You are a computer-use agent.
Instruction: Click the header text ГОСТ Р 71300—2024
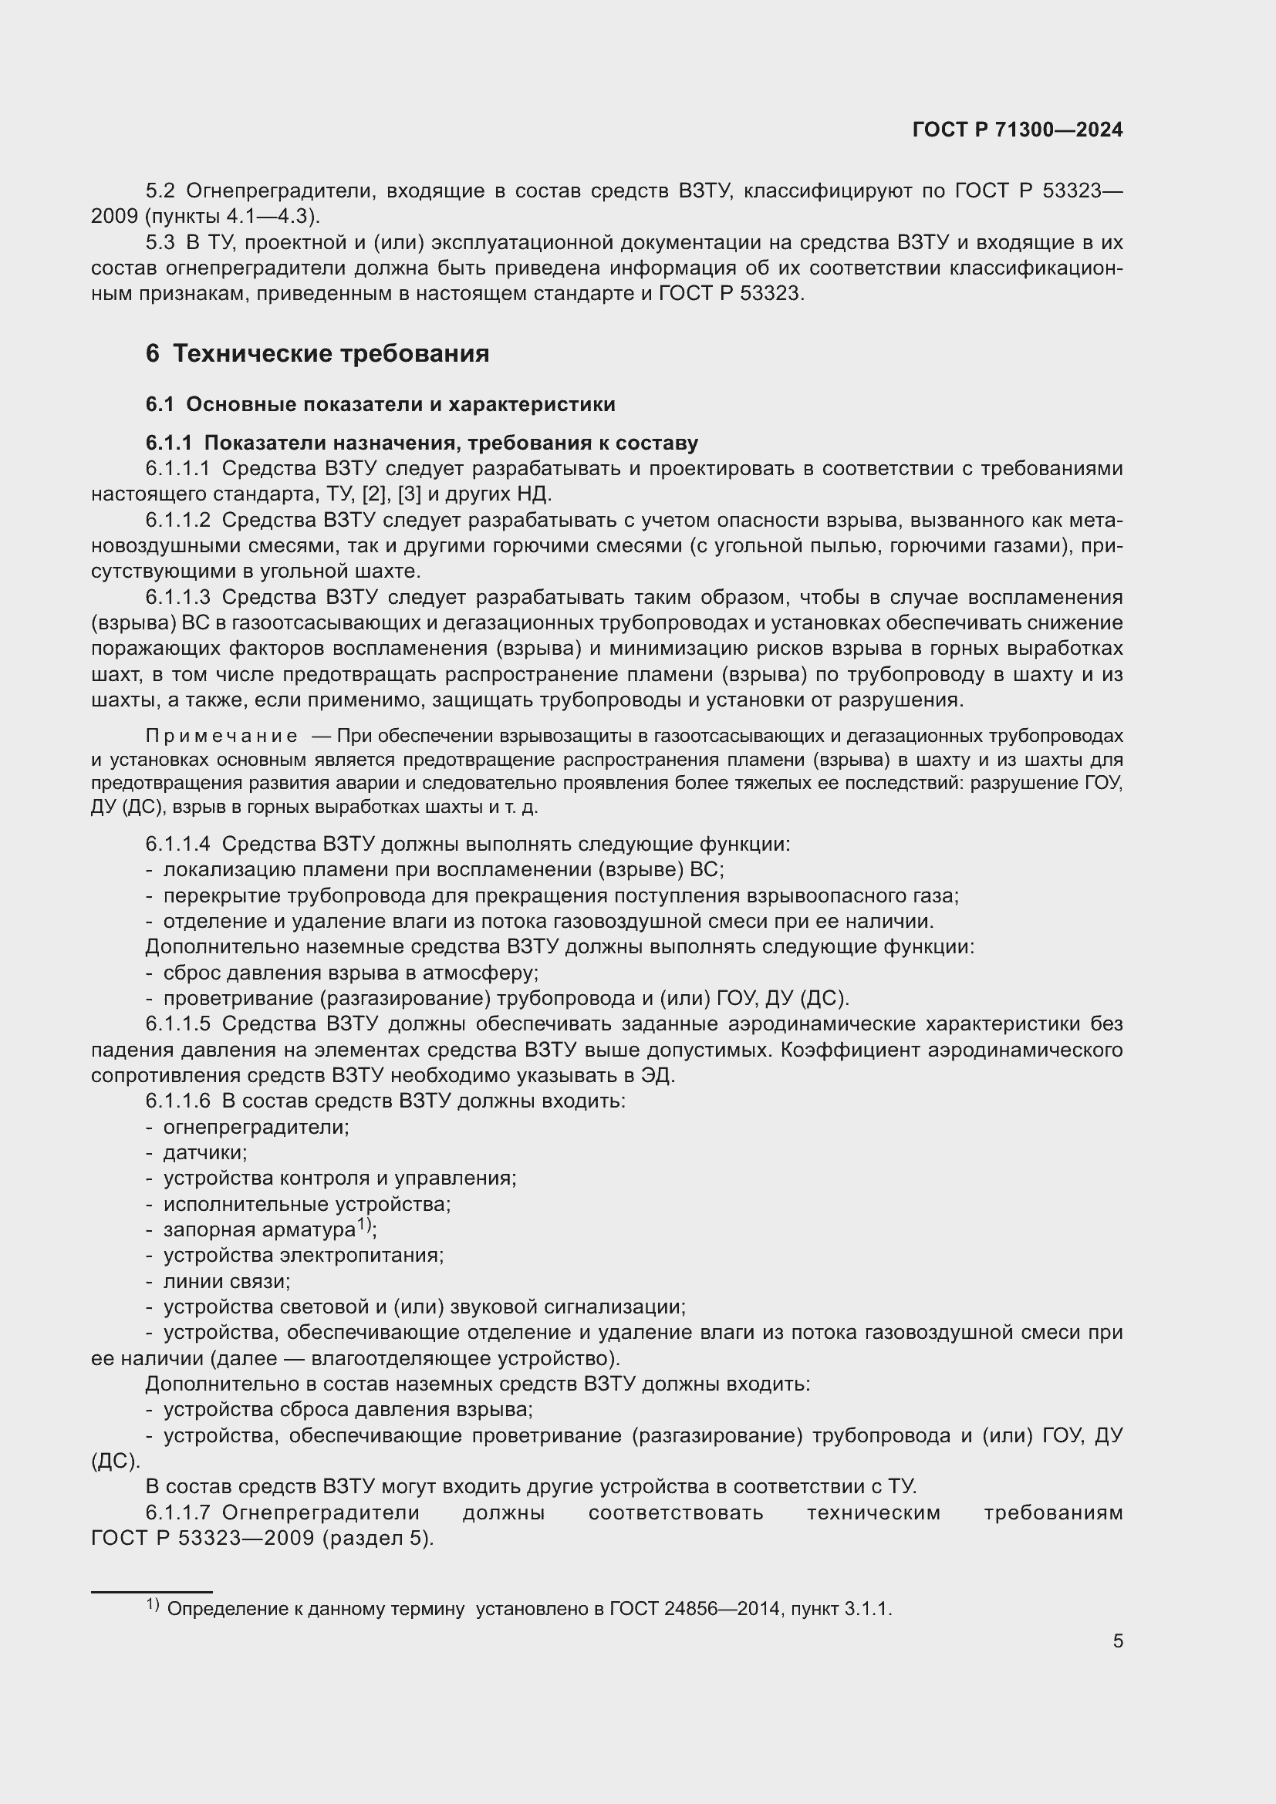tap(1018, 130)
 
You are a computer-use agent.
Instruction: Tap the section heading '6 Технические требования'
tap(316, 353)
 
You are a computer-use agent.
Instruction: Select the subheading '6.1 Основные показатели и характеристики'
tap(380, 405)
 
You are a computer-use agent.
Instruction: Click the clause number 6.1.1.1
tap(177, 469)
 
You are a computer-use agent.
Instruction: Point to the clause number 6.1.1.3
tap(177, 597)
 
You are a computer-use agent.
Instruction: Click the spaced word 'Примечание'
tap(221, 737)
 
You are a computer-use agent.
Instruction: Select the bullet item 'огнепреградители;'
tap(256, 1127)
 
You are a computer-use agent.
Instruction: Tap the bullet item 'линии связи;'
tap(226, 1282)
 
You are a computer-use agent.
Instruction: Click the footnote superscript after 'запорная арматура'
tap(364, 1224)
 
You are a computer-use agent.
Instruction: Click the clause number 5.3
tap(160, 242)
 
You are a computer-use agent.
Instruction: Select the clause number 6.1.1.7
tap(177, 1513)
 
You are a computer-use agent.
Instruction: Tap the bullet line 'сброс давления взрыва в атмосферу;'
tap(350, 973)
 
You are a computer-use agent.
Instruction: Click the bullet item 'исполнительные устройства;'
tap(306, 1205)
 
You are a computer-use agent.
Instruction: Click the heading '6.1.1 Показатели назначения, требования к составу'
tap(421, 443)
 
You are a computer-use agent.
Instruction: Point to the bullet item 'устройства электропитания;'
tap(303, 1256)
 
